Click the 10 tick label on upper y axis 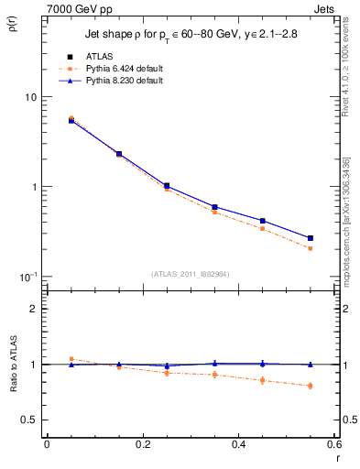click(30, 97)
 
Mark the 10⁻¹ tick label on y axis click(27, 276)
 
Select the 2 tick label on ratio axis click(34, 309)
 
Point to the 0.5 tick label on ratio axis click(29, 420)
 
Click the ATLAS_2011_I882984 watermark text click(190, 274)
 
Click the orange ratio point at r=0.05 click(71, 359)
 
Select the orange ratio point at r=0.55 click(310, 386)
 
